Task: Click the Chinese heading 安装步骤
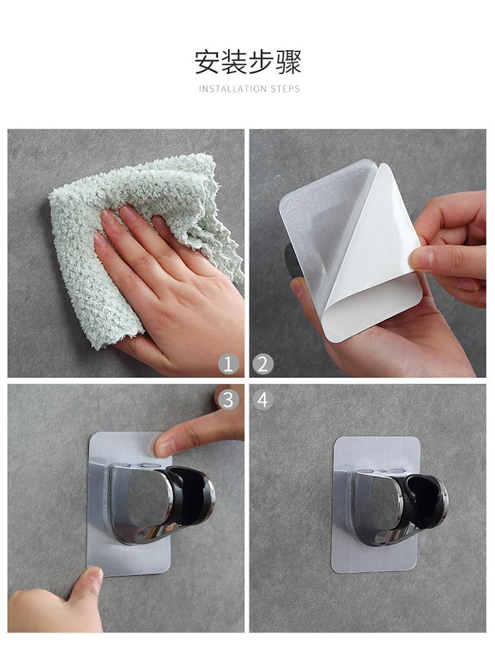(247, 62)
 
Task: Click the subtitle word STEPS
(285, 89)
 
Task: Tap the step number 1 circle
(228, 365)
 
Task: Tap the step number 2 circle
(263, 365)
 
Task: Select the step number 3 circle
(228, 400)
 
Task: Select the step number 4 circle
(263, 400)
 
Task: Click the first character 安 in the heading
(207, 62)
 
